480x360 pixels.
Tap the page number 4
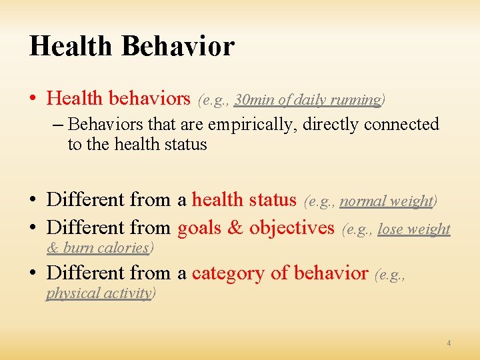point(449,343)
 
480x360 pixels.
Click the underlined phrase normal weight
point(387,201)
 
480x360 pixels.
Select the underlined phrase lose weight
point(414,229)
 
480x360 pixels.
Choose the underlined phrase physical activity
point(99,293)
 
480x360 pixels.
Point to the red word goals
point(199,227)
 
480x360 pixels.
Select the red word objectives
point(291,227)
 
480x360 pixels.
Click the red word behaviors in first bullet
point(149,99)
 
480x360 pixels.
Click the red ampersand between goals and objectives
point(235,227)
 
